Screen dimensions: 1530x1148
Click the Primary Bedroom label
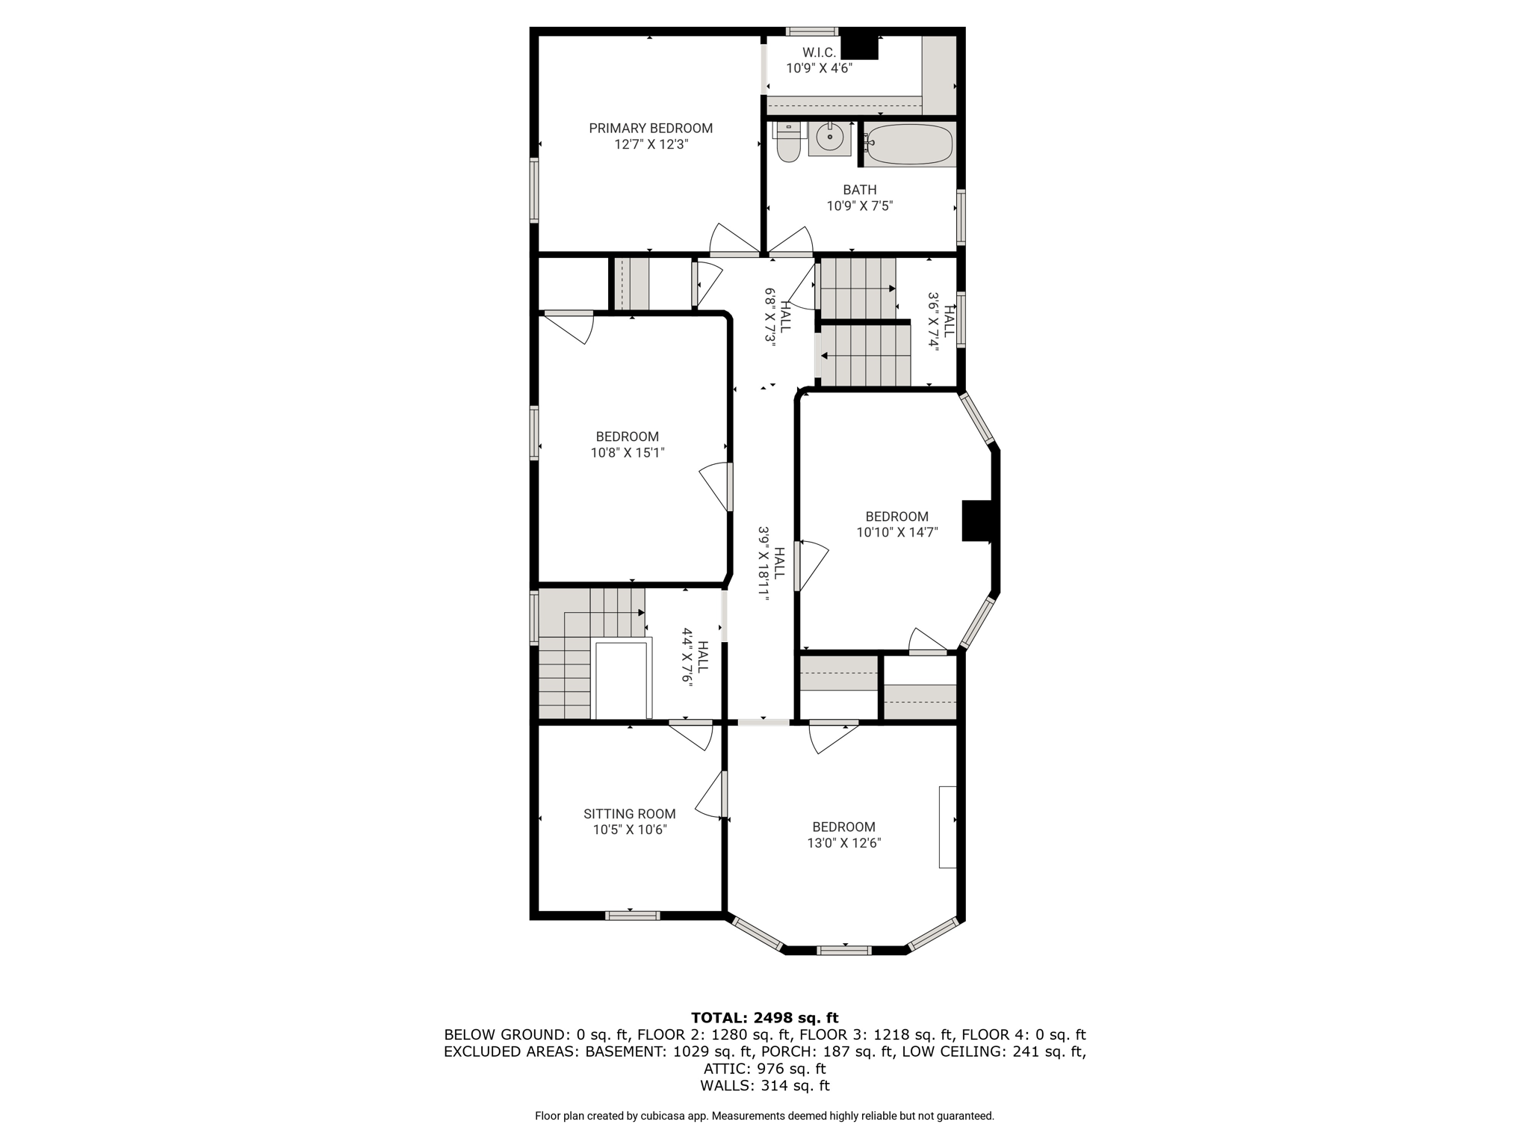tap(651, 129)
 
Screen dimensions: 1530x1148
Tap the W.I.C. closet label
tap(819, 52)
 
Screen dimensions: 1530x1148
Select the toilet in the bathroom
tap(788, 142)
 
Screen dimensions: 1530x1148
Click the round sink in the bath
tap(829, 138)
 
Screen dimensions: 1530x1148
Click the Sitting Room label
tap(630, 814)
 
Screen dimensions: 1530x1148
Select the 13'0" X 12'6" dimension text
tap(844, 843)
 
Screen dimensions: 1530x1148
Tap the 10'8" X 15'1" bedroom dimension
tap(628, 452)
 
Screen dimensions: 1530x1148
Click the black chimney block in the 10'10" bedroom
tap(977, 520)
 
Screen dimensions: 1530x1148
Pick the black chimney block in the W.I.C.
tap(860, 46)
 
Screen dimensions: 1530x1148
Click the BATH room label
tap(860, 190)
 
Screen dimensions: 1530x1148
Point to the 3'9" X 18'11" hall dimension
tap(764, 564)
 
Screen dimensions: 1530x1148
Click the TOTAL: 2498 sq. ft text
tap(765, 1017)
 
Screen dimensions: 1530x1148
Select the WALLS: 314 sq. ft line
tap(765, 1086)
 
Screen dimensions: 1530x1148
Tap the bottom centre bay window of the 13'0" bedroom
tap(844, 951)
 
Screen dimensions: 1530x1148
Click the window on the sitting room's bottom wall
tap(633, 916)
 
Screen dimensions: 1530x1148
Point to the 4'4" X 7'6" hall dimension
tap(687, 658)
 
